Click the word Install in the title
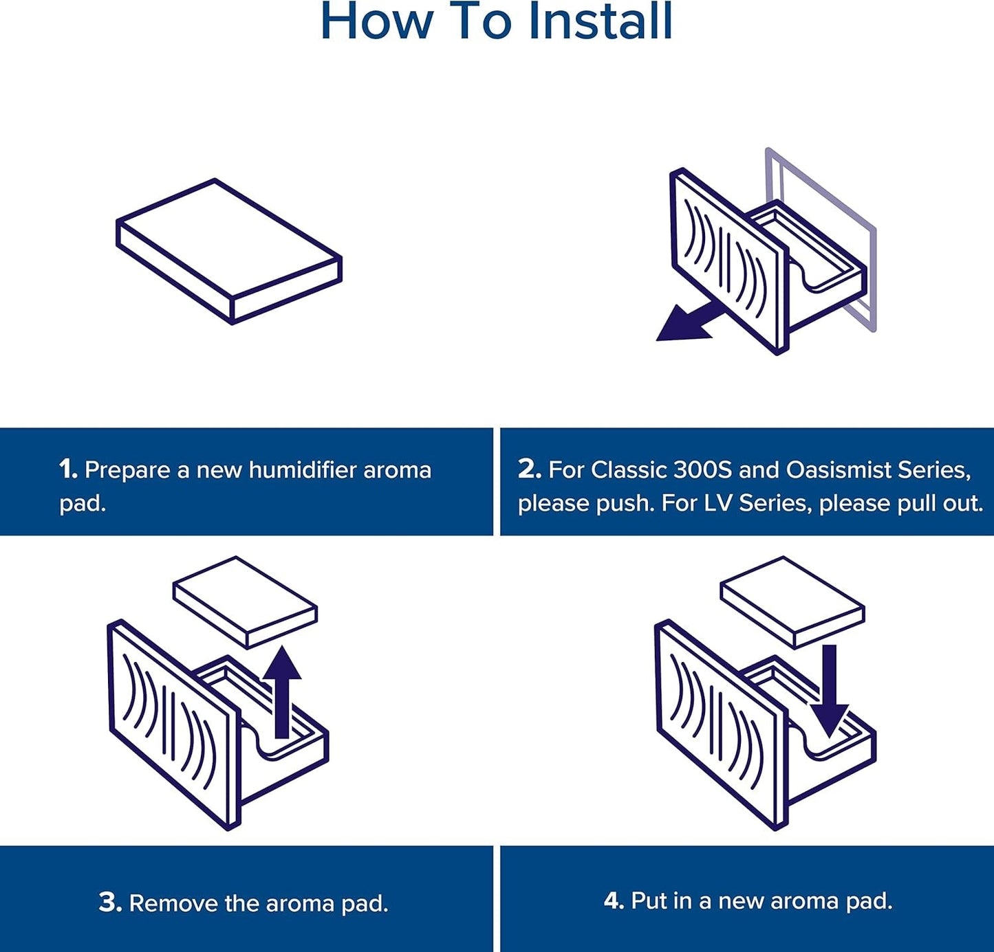point(601,22)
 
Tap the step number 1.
point(67,470)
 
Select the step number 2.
point(529,469)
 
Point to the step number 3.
point(110,903)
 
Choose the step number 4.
point(613,900)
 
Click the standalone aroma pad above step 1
point(229,250)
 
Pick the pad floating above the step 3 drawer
point(245,601)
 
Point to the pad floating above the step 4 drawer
point(792,601)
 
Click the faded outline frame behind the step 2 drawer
point(871,275)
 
